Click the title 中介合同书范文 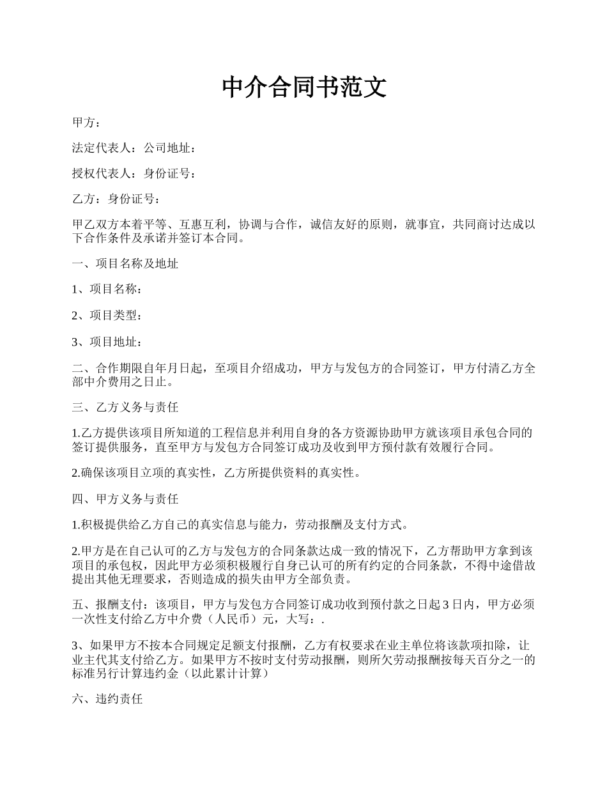pyautogui.click(x=304, y=87)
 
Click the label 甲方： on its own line pyautogui.click(x=86, y=123)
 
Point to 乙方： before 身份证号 pyautogui.click(x=86, y=199)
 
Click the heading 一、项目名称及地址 pyautogui.click(x=125, y=264)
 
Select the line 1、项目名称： pyautogui.click(x=107, y=289)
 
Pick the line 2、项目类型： pyautogui.click(x=107, y=315)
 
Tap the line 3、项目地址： pyautogui.click(x=107, y=342)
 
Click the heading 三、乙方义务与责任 pyautogui.click(x=125, y=407)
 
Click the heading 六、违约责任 pyautogui.click(x=107, y=700)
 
